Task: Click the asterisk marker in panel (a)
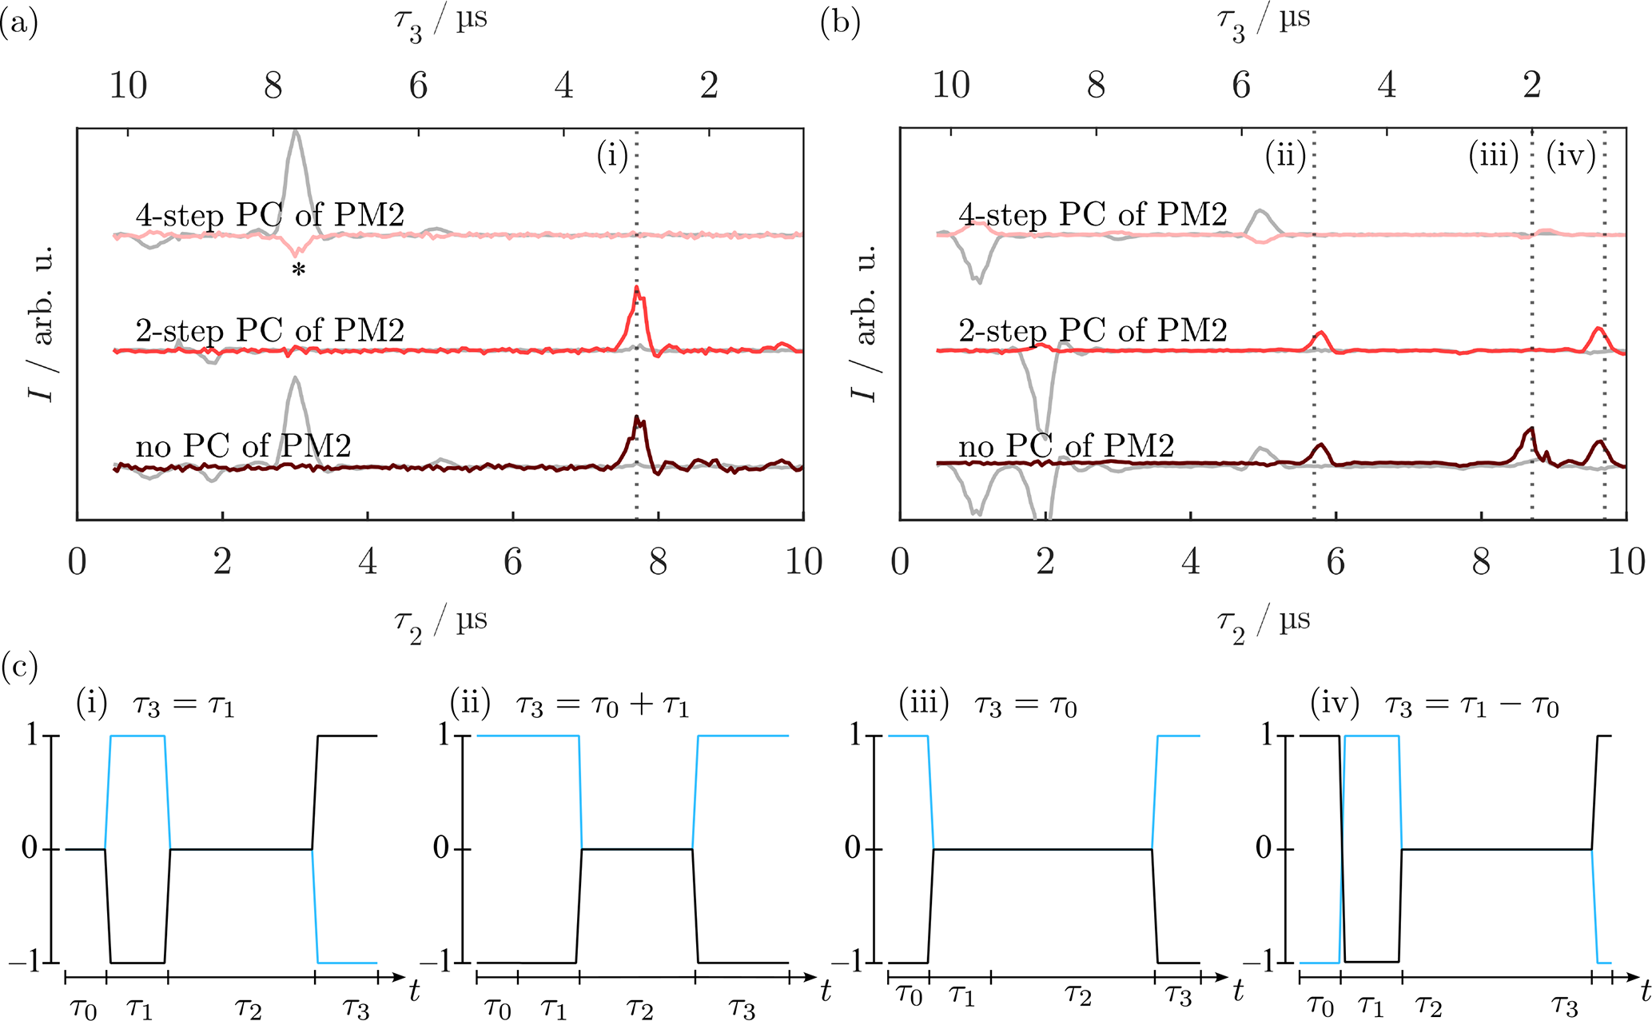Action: tap(298, 270)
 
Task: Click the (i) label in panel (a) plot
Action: tap(613, 156)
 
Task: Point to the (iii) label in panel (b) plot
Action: tap(1494, 156)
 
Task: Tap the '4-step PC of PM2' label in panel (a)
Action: tap(270, 214)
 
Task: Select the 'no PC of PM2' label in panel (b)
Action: tap(1066, 445)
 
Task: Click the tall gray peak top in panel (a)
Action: tap(297, 132)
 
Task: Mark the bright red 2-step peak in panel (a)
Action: tap(637, 289)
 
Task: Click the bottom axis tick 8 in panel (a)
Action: tap(658, 562)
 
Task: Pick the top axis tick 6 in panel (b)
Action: tap(1241, 85)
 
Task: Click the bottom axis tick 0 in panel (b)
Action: tap(900, 562)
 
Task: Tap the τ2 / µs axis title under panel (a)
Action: tap(440, 623)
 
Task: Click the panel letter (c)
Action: tap(19, 666)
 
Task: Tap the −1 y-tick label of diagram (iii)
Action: tap(858, 962)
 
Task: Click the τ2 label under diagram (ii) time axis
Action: tap(639, 1009)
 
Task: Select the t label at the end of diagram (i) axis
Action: tap(414, 992)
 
